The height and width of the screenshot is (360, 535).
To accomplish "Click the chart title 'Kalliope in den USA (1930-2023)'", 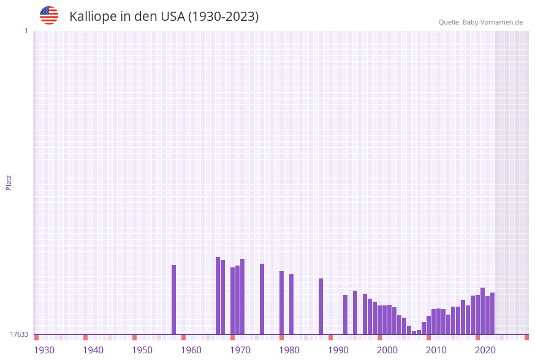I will [164, 17].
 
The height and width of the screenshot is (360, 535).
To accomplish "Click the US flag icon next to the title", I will [49, 15].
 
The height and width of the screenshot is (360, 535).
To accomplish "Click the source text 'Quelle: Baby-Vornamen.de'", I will [480, 22].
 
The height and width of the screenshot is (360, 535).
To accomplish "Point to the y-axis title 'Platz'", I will [9, 182].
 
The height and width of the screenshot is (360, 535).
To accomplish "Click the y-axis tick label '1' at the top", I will [26, 31].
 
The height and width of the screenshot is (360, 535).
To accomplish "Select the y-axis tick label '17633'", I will [19, 334].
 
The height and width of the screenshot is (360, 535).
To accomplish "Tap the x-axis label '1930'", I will [44, 350].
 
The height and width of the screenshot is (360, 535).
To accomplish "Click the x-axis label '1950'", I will [142, 350].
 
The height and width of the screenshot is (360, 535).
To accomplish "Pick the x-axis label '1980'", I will [289, 350].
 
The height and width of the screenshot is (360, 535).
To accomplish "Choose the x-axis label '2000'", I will [387, 350].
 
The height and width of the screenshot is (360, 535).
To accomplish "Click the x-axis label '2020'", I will [485, 350].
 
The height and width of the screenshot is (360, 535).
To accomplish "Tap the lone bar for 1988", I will [321, 306].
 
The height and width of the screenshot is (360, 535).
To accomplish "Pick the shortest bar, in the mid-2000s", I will [414, 332].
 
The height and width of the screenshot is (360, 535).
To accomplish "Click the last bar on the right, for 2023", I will [492, 313].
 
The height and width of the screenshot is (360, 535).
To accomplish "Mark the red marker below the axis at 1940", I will [85, 337].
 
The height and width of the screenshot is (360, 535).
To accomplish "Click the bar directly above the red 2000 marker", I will [379, 320].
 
